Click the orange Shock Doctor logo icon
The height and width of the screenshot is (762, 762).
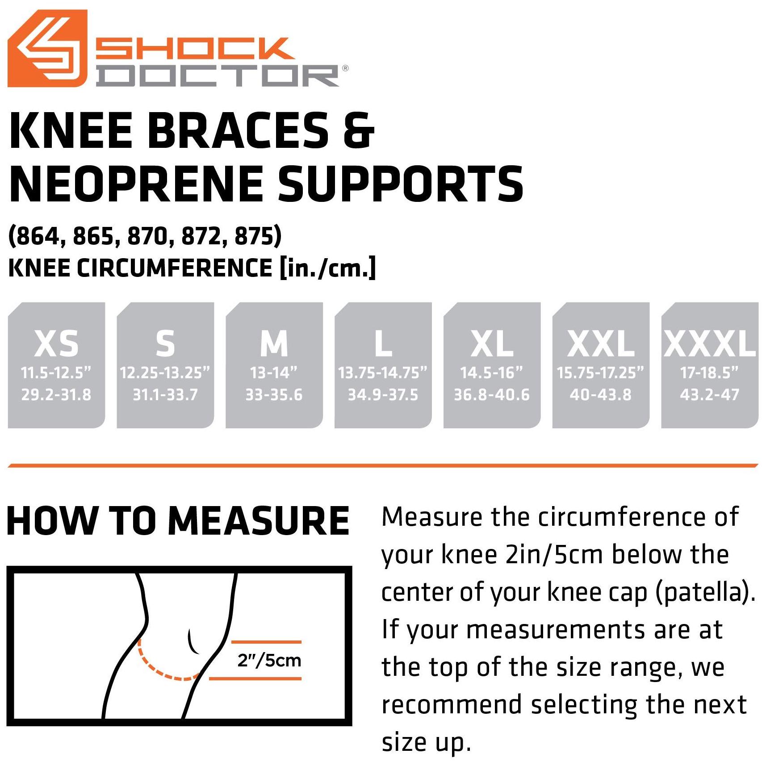click(x=47, y=48)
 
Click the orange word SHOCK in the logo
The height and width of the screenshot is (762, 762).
click(x=195, y=49)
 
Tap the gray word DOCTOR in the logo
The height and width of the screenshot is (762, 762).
click(x=218, y=76)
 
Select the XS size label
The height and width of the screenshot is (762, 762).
click(x=56, y=343)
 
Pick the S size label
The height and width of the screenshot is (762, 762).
click(x=165, y=343)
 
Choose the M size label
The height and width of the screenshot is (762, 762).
click(x=274, y=343)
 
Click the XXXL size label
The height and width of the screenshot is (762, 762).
click(x=710, y=343)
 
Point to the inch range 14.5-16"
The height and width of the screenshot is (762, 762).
click(x=491, y=373)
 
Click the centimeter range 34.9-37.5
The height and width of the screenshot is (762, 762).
click(x=383, y=395)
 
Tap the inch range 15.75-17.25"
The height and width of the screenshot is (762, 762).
click(x=600, y=373)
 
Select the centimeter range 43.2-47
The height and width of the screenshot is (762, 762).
click(x=709, y=395)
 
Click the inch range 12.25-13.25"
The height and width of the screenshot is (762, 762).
click(x=165, y=373)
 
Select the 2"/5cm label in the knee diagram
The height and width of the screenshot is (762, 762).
click(x=269, y=661)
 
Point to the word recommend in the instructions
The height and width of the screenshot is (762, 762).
click(x=452, y=705)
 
